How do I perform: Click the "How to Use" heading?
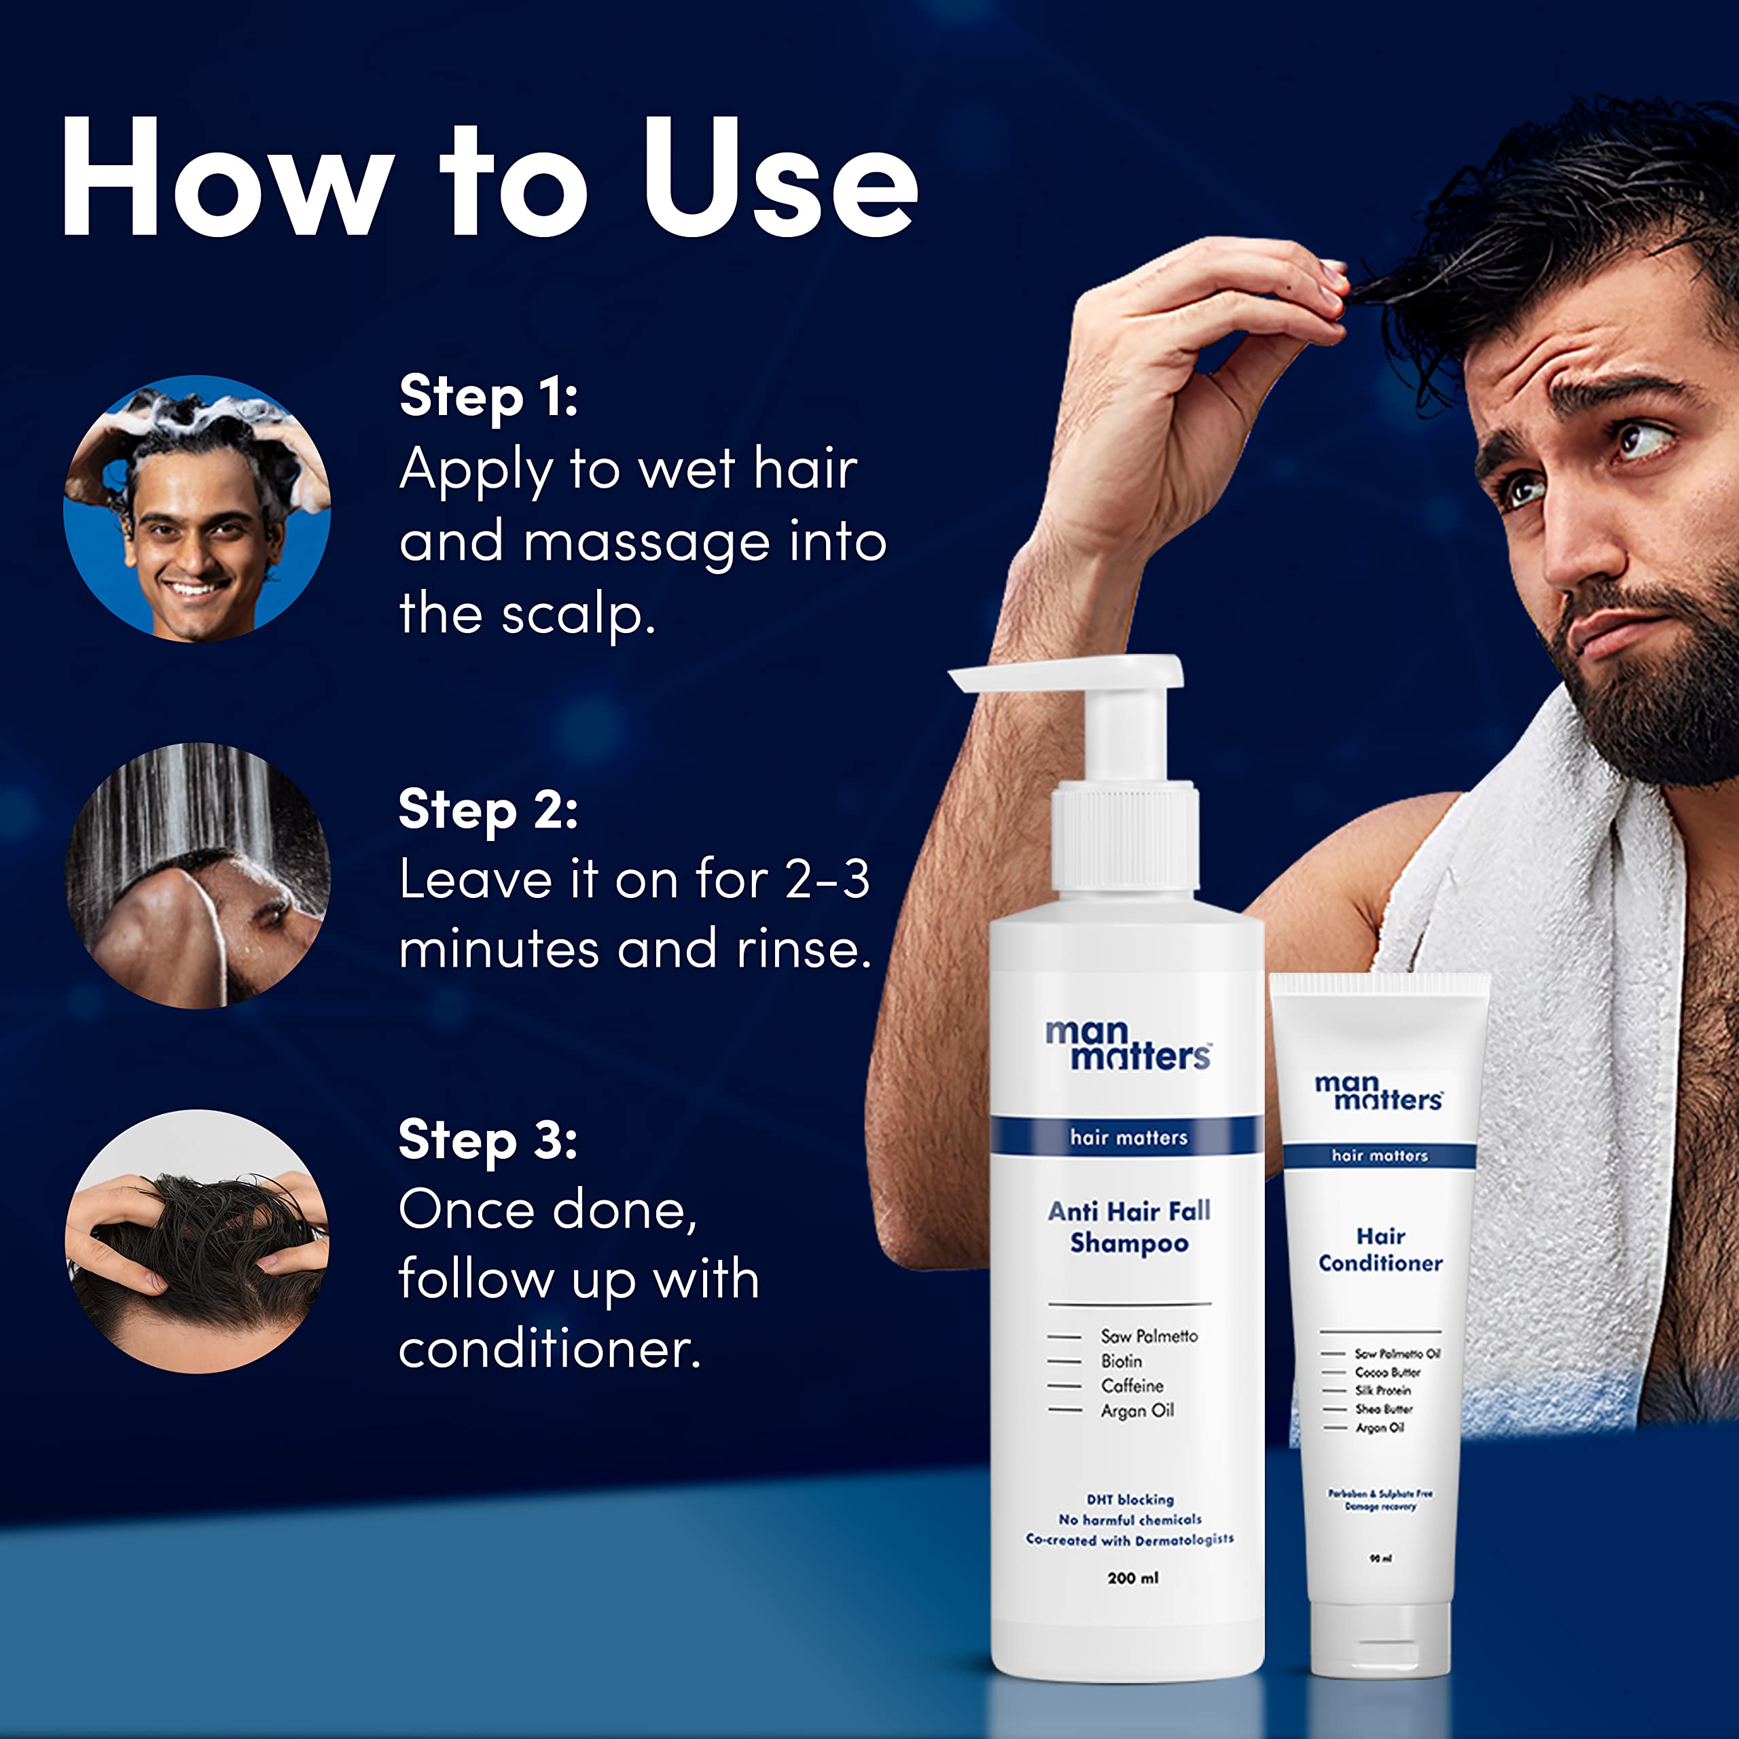[x=490, y=178]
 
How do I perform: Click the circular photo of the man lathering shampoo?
[x=197, y=509]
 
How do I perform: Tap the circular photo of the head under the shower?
[x=197, y=875]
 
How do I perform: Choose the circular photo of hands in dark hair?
[x=197, y=1241]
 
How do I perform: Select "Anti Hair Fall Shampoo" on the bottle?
[x=1129, y=1227]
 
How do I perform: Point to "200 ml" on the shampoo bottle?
[x=1132, y=1578]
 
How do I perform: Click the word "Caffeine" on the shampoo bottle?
[x=1132, y=1386]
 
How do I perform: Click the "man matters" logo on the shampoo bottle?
[x=1128, y=1044]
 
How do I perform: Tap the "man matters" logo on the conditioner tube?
[x=1379, y=1091]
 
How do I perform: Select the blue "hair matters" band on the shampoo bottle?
[x=1128, y=1138]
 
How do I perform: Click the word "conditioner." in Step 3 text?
[x=550, y=1349]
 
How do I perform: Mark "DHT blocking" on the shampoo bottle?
[x=1130, y=1500]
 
